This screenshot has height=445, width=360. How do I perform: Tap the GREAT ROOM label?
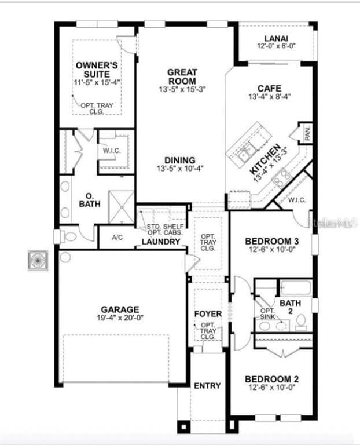tap(182, 76)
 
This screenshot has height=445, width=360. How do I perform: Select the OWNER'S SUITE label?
tap(97, 70)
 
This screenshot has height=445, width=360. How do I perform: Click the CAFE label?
tap(269, 88)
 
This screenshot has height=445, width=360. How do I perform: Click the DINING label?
tap(180, 161)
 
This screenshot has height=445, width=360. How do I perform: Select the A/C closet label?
tap(117, 238)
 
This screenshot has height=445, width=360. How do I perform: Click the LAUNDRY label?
tap(161, 242)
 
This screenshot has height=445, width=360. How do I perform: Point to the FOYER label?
tap(207, 314)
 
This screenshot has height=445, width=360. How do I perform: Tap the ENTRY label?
tap(207, 385)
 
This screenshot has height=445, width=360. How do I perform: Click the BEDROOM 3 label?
tap(271, 241)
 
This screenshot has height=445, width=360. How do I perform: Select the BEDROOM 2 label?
tap(271, 380)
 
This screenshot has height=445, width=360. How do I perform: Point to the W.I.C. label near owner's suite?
tap(112, 151)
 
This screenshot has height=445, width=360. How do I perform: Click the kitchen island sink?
tap(245, 154)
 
